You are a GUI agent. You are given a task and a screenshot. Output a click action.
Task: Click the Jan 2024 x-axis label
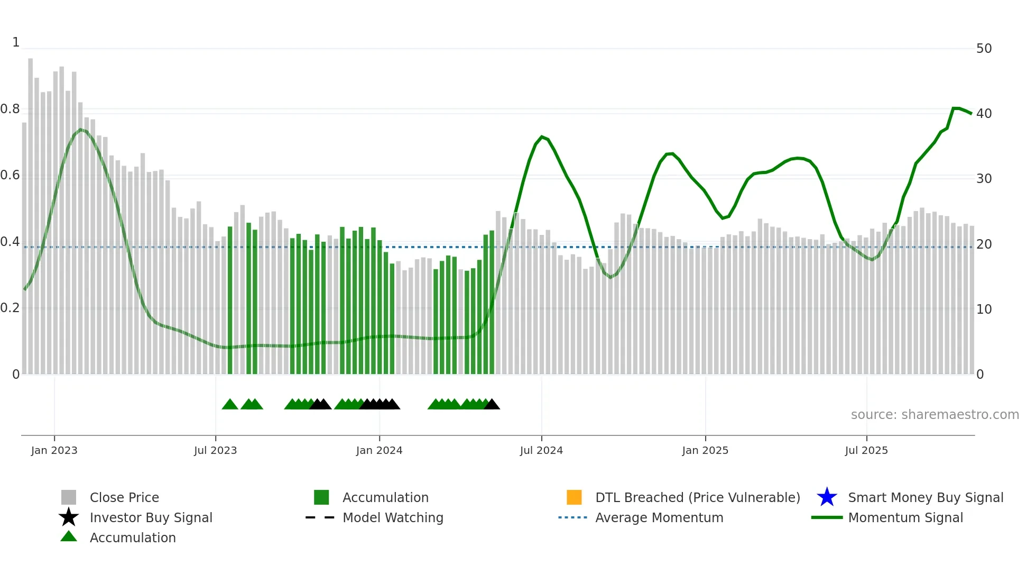379,450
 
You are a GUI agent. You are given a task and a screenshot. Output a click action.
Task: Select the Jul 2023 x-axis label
215,450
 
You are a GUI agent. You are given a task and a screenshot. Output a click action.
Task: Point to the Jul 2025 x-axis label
866,450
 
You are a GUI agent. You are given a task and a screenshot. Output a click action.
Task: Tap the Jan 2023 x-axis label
54,450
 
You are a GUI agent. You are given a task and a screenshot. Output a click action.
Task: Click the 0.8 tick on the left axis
10,109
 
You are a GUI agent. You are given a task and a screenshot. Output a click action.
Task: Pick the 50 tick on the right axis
984,49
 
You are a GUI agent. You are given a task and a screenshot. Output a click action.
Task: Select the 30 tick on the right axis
984,179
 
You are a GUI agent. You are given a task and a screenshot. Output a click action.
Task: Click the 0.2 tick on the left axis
10,308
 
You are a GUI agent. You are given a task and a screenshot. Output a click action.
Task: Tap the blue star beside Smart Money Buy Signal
827,497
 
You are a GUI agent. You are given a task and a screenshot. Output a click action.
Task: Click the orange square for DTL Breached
574,497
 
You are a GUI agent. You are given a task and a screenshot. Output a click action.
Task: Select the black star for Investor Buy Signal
69,517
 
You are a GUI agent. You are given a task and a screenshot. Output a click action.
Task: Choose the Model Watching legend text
393,517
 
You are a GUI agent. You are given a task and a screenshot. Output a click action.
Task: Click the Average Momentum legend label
659,517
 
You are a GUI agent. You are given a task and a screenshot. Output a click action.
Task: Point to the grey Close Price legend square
69,497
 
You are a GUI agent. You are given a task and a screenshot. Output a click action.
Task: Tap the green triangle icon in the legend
69,536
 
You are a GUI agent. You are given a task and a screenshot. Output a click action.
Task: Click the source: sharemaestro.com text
935,415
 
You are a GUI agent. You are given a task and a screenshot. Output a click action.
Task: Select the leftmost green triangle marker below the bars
230,405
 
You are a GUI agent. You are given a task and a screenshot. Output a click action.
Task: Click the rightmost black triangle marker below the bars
492,405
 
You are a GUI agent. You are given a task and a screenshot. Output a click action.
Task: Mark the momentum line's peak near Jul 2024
542,136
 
